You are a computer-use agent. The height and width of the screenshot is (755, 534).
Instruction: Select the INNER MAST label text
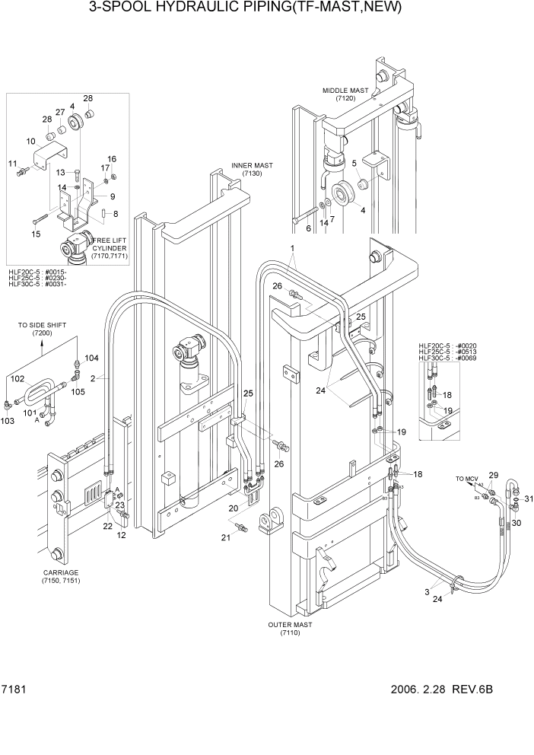(x=252, y=170)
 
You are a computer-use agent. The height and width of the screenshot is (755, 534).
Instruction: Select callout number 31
(x=529, y=499)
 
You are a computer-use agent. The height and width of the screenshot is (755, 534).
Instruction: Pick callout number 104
(x=91, y=358)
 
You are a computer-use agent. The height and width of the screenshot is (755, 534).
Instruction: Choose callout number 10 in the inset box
(x=30, y=142)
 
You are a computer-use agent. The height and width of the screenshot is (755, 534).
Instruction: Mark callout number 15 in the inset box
(x=36, y=235)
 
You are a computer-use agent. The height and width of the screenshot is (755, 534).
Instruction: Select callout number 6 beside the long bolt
(x=308, y=228)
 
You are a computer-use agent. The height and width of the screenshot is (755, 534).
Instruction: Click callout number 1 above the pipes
(x=291, y=249)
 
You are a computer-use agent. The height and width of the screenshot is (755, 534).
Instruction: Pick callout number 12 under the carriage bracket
(x=121, y=536)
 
